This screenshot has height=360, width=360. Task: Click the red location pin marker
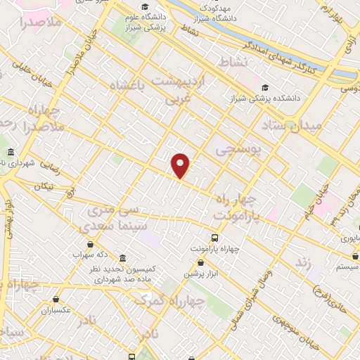pyautogui.click(x=181, y=165)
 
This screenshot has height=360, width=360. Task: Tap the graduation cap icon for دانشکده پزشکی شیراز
pyautogui.click(x=264, y=88)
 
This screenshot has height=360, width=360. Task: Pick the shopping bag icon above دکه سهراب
pyautogui.click(x=89, y=244)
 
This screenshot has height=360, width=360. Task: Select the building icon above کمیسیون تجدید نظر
pyautogui.click(x=123, y=258)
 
